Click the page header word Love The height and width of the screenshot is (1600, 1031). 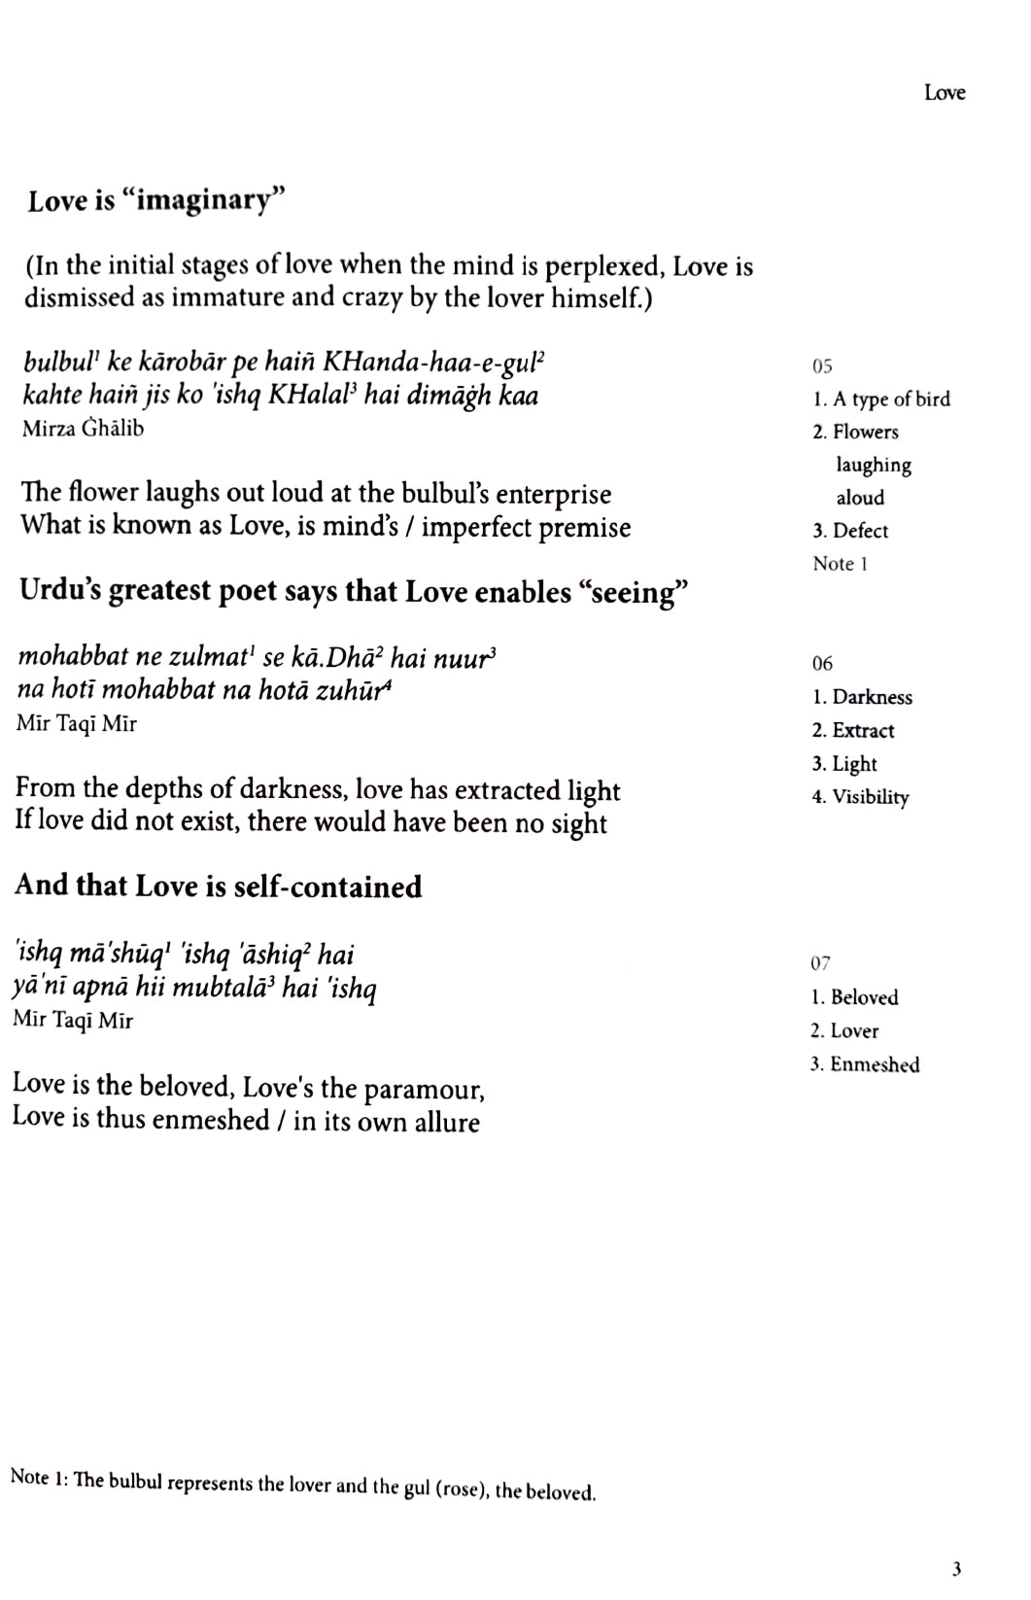tap(945, 93)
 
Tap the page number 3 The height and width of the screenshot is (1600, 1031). tap(957, 1568)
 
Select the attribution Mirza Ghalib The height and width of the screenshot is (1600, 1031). tap(83, 429)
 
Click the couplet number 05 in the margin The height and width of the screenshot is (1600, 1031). tap(822, 366)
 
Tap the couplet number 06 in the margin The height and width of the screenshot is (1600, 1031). tap(822, 664)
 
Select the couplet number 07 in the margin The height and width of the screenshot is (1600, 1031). tap(821, 963)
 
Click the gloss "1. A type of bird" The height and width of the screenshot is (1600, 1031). tap(881, 400)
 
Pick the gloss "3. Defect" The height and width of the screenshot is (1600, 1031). tap(850, 531)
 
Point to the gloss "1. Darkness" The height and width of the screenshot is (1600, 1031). tap(862, 697)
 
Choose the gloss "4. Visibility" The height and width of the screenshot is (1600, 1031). tap(860, 797)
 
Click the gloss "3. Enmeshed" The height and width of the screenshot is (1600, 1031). tap(865, 1064)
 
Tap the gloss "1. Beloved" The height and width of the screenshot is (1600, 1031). tap(855, 997)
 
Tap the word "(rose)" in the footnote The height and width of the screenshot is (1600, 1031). tap(462, 1489)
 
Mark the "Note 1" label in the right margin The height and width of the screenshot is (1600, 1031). tap(840, 564)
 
